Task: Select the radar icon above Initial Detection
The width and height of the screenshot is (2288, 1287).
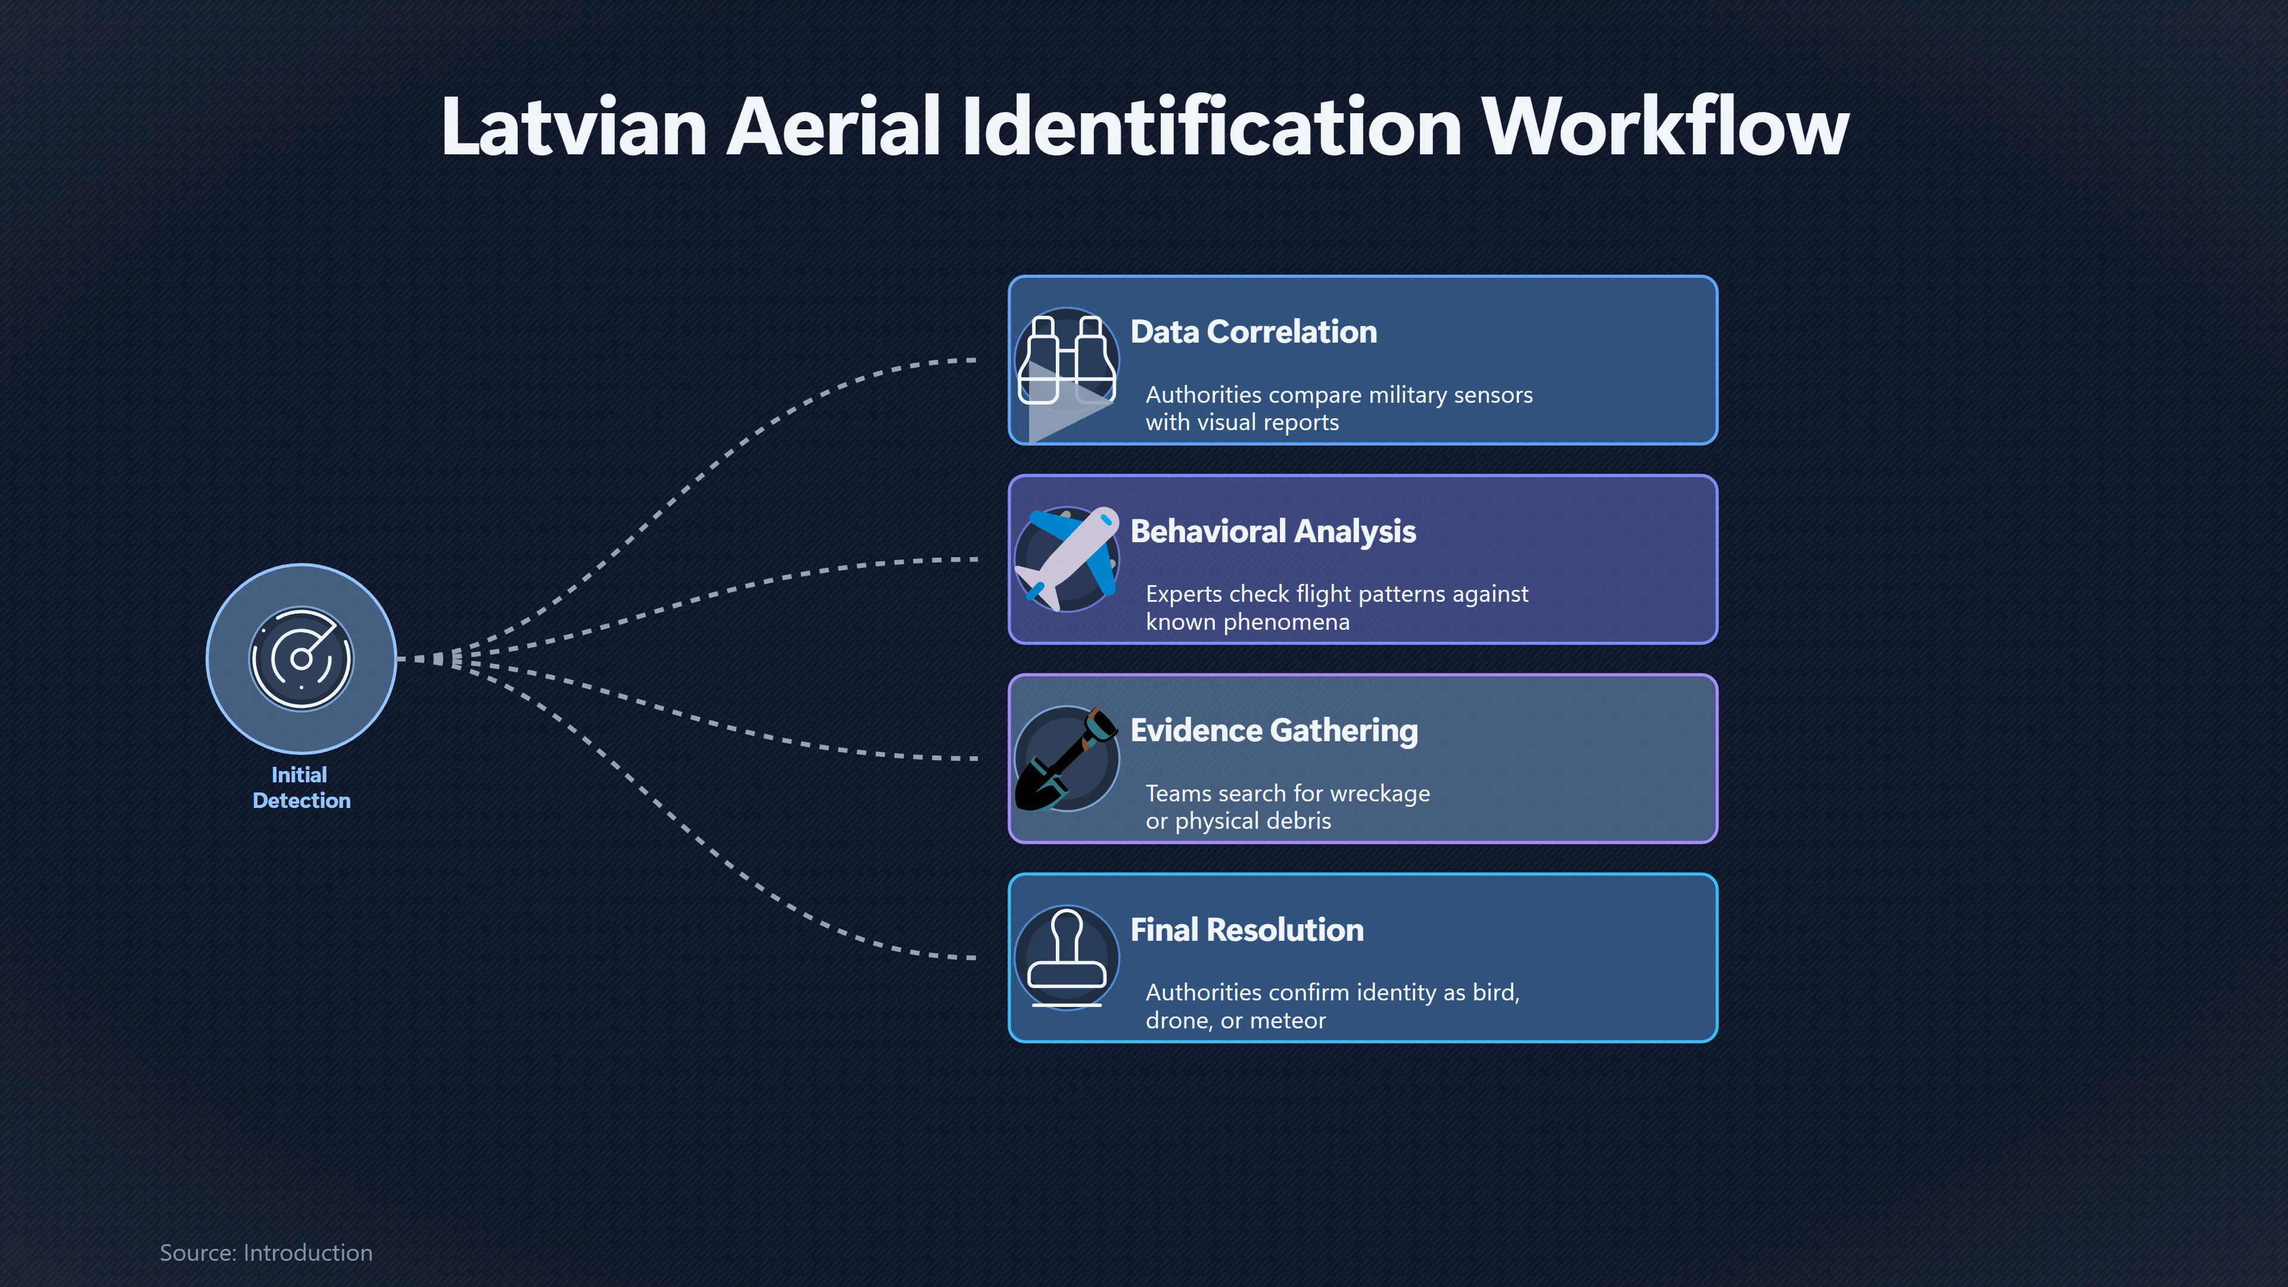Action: tap(301, 659)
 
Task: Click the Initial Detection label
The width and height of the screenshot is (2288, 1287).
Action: tap(301, 788)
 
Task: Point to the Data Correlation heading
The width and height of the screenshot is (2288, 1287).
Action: tap(1253, 331)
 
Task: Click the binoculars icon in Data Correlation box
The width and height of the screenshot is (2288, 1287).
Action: tap(1067, 360)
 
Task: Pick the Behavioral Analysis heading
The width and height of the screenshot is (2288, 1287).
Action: tap(1273, 531)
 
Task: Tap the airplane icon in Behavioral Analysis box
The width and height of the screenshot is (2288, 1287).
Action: tap(1067, 559)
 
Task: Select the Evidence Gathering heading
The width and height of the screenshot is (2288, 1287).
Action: tap(1274, 730)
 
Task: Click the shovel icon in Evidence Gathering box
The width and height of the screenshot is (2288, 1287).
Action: tap(1067, 758)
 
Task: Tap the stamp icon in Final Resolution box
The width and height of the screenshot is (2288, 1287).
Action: tap(1067, 958)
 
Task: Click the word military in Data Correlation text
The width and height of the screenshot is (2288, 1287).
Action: tap(1394, 395)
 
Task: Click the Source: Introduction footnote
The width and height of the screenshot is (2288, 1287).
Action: tap(266, 1252)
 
